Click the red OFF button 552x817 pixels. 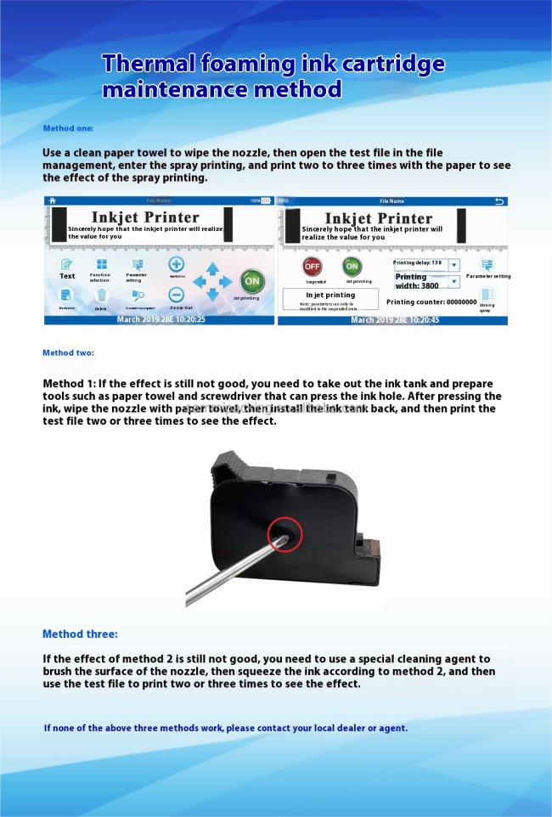pos(313,267)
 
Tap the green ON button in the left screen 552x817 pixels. pos(251,281)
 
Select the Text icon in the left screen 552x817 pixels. pos(67,265)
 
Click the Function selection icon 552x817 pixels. pos(101,265)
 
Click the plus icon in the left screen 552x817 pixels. pos(177,264)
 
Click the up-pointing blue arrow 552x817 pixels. pos(211,268)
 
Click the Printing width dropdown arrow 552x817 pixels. pos(454,281)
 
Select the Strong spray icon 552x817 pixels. pos(487,296)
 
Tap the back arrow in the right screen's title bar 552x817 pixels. pos(499,201)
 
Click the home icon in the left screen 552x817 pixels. pos(53,200)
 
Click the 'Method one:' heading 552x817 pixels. pos(68,128)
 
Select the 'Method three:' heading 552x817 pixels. pos(80,634)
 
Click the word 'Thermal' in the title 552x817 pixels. pos(146,64)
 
